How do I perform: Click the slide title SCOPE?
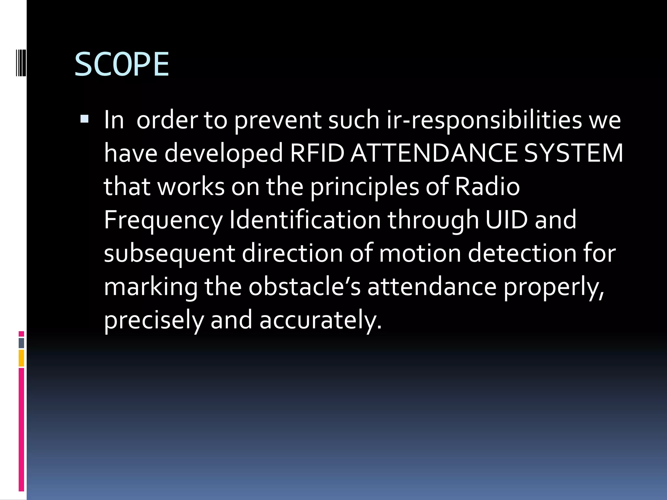click(122, 64)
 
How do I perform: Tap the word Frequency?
click(163, 221)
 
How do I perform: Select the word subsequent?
click(169, 254)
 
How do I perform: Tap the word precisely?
click(154, 321)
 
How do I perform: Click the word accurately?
click(320, 321)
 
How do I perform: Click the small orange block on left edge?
click(21, 358)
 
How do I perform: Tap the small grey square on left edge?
click(21, 343)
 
